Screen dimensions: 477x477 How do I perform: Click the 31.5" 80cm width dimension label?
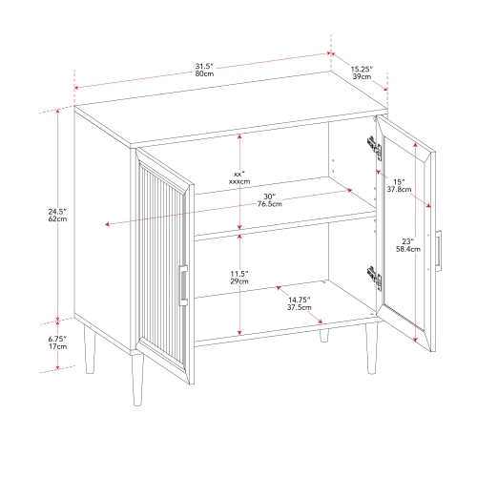(x=204, y=70)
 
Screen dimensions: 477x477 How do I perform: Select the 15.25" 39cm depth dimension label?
(x=362, y=73)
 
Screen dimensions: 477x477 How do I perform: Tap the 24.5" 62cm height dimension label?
(x=57, y=215)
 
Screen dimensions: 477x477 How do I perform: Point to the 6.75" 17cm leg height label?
(x=57, y=342)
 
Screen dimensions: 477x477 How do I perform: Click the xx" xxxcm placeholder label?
(x=239, y=177)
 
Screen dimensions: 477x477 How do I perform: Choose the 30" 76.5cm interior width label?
(x=270, y=200)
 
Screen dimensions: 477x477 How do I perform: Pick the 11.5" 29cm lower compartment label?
(x=239, y=278)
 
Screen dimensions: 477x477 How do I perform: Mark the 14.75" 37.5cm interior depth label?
(x=300, y=303)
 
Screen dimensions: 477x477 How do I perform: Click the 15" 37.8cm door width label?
(x=399, y=186)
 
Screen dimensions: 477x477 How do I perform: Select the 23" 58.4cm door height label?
(x=408, y=245)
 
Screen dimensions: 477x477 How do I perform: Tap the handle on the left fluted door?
(x=183, y=285)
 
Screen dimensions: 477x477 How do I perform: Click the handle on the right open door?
(x=439, y=251)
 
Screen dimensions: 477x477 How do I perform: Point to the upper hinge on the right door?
(x=375, y=148)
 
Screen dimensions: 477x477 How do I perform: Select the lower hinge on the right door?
(x=375, y=279)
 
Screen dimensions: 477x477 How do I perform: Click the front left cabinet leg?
(x=137, y=381)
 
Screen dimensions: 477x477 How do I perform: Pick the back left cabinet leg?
(x=90, y=349)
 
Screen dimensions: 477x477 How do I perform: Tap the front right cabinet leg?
(x=371, y=348)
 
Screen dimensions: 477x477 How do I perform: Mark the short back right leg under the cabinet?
(x=324, y=336)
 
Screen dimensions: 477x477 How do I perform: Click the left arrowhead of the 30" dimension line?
(x=107, y=224)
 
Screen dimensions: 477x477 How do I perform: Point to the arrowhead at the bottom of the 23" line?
(x=415, y=340)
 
